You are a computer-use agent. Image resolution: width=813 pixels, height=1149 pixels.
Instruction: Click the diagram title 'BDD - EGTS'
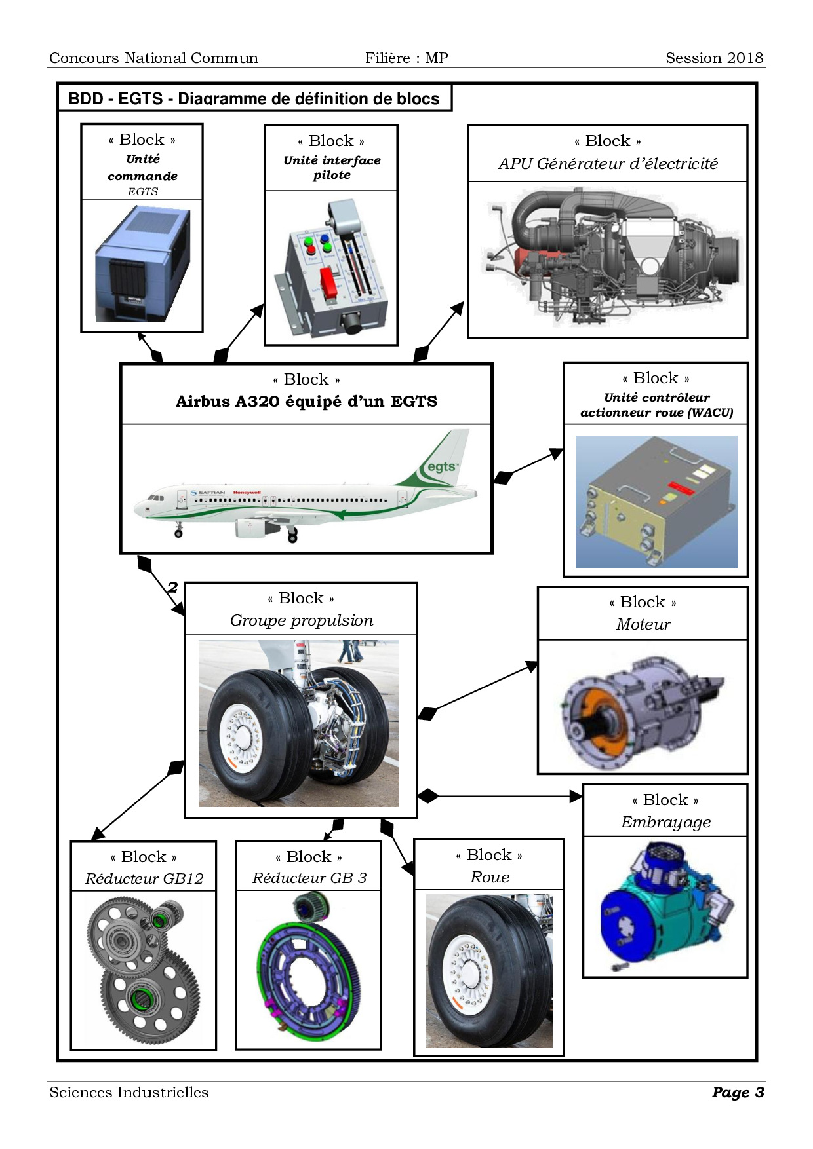pos(254,99)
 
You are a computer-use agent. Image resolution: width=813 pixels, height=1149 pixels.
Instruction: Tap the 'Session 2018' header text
pos(714,58)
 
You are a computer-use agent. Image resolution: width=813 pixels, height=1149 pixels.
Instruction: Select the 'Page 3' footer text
pos(738,1092)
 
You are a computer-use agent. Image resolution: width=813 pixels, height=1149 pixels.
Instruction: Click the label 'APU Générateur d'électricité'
pos(608,164)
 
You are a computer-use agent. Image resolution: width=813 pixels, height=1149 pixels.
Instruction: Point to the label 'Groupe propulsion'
pos(302,620)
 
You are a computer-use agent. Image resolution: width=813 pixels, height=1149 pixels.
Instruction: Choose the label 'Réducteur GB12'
pos(144,878)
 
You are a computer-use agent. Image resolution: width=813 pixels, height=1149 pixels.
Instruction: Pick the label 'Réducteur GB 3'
pos(309,878)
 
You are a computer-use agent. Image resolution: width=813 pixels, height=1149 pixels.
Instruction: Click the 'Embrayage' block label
pos(665,822)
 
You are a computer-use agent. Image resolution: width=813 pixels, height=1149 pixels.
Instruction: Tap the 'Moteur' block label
pos(643,624)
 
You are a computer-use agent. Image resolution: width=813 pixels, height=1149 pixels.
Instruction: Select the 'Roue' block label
pos(490,877)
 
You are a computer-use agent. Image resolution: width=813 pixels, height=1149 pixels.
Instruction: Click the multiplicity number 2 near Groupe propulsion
pos(172,587)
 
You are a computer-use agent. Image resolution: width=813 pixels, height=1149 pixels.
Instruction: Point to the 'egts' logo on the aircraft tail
pos(442,467)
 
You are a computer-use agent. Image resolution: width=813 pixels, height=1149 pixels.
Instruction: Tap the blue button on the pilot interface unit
pos(325,239)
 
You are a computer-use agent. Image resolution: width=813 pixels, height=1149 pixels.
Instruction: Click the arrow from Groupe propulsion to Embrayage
pos(505,796)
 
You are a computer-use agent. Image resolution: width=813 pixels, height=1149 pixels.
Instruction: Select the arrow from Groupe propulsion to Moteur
pos(485,688)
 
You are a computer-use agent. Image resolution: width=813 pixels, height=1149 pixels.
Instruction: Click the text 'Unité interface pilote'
pos(332,167)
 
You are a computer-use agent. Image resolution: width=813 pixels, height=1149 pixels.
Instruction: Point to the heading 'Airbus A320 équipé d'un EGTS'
pos(306,402)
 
